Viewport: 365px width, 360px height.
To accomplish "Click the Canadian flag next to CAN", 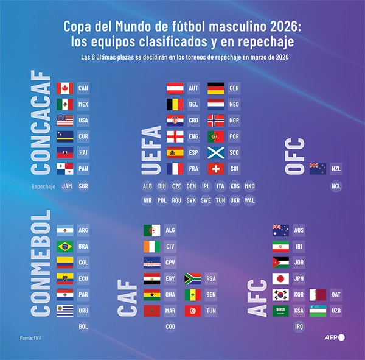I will (64, 88).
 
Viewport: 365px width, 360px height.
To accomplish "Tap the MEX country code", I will (84, 104).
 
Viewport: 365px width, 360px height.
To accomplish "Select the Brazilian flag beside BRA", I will (64, 247).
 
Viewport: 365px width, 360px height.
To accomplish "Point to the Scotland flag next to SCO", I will (216, 152).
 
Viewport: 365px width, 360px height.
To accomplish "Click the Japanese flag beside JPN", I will (280, 279).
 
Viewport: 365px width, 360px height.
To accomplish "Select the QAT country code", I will (336, 295).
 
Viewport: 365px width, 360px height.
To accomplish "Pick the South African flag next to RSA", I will (193, 279).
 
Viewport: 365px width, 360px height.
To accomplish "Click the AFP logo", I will (333, 337).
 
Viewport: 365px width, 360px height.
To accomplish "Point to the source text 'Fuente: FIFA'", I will (33, 337).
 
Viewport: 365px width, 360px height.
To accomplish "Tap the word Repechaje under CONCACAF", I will (43, 186).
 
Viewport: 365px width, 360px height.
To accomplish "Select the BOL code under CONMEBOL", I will (84, 326).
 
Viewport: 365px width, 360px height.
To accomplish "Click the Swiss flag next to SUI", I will (216, 168).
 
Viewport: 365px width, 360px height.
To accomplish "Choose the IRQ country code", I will (299, 326).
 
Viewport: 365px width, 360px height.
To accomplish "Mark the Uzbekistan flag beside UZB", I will (318, 311).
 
